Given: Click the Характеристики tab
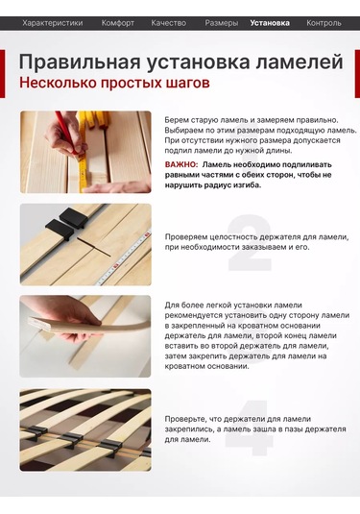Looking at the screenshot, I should click(53, 22).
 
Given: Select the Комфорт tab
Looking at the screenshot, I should click(118, 22).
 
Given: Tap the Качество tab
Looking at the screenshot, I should click(169, 22).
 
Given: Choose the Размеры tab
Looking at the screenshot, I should click(222, 22).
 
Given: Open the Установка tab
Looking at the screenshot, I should click(270, 22).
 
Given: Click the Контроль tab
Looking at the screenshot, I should click(324, 22).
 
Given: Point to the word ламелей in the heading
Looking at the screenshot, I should click(299, 62).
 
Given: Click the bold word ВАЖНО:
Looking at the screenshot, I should click(182, 165).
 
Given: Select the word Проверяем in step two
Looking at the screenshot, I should click(186, 236).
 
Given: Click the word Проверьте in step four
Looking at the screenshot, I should click(186, 419).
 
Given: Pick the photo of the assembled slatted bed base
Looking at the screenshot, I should click(85, 429).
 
